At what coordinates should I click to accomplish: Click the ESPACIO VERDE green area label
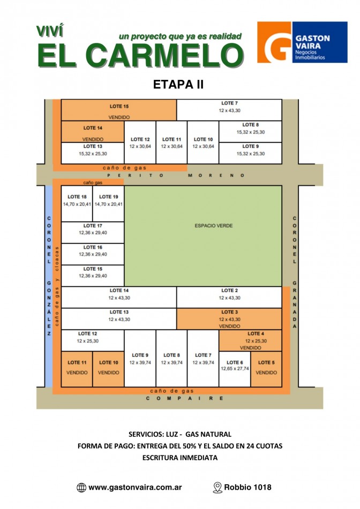(213, 226)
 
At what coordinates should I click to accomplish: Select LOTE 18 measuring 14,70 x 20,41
(77, 200)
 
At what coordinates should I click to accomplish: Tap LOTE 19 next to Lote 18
(108, 200)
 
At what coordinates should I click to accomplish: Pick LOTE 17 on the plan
(93, 229)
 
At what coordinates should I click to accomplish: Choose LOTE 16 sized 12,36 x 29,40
(93, 251)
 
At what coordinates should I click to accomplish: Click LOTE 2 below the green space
(229, 294)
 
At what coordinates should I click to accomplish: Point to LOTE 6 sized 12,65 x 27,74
(235, 366)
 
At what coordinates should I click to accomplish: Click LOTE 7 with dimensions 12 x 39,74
(203, 358)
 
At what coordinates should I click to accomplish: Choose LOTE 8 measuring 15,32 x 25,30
(250, 128)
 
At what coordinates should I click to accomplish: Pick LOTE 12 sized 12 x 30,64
(140, 143)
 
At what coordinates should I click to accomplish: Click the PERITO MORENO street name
(176, 175)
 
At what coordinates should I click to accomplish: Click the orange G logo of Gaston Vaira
(274, 42)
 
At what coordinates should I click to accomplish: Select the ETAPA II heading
(178, 84)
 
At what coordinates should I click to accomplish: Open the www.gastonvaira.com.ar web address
(134, 488)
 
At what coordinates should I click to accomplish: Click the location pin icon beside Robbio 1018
(217, 488)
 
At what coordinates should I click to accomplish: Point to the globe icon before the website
(81, 488)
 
